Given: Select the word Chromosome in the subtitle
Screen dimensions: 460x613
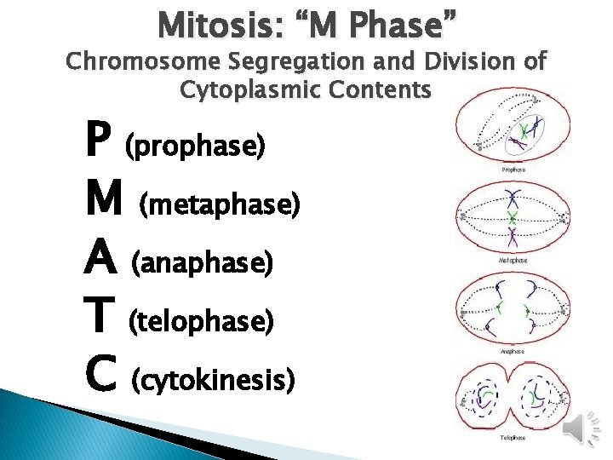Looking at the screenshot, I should point(140,62).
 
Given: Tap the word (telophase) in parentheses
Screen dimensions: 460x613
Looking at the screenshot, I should point(200,321).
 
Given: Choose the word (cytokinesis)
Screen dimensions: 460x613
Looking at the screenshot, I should point(214,380).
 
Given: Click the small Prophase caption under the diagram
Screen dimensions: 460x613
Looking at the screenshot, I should point(513,170).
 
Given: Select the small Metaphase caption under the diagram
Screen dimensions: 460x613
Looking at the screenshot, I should point(513,260).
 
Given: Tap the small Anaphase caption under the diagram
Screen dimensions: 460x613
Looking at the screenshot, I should point(513,350).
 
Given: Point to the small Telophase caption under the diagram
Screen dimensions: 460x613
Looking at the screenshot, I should point(513,439).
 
